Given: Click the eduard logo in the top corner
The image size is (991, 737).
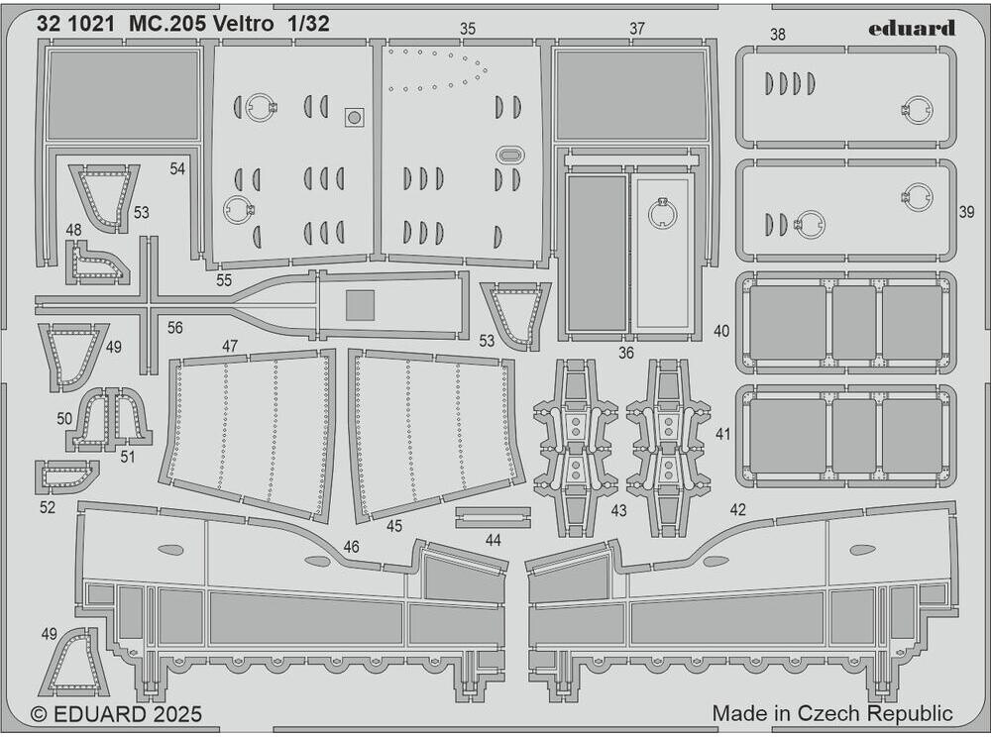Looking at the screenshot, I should click(911, 28).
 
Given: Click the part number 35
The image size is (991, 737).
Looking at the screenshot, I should click(468, 29).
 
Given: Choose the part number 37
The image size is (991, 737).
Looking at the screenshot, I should click(636, 29).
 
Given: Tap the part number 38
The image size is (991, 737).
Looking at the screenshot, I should click(777, 35).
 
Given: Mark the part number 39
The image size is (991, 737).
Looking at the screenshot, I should click(967, 213).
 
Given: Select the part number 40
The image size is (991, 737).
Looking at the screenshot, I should click(721, 331).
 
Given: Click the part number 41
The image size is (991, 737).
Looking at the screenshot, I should click(721, 434).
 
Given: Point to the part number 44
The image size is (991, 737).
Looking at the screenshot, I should click(493, 541).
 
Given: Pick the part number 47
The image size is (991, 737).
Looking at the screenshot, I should click(230, 346).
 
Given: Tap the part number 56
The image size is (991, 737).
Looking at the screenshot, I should click(175, 328).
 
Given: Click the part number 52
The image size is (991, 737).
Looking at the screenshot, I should click(48, 507).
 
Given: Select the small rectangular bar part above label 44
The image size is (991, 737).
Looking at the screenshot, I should click(493, 516).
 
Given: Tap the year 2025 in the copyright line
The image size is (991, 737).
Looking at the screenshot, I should click(177, 714).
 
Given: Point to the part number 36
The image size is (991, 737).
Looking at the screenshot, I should click(625, 351).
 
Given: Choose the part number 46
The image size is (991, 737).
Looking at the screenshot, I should click(351, 547).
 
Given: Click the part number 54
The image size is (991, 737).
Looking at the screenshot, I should click(176, 169).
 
